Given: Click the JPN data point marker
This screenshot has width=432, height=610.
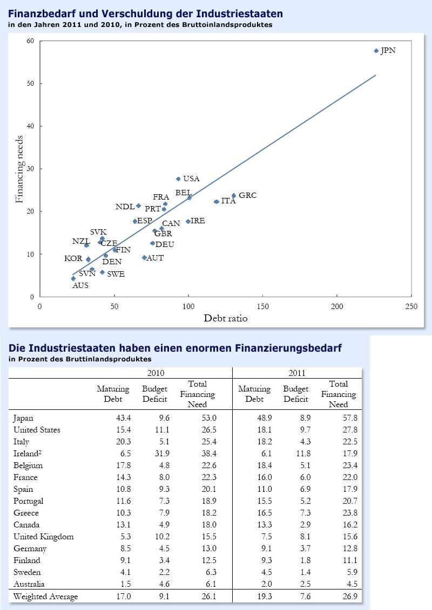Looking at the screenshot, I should (x=376, y=51).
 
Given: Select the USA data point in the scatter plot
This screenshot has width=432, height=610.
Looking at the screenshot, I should (x=178, y=179).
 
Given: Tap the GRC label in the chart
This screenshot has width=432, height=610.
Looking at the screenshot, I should (x=247, y=195).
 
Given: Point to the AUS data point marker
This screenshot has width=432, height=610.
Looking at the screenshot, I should (x=73, y=278).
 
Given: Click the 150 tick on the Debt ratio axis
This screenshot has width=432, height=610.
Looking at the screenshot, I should (x=262, y=306).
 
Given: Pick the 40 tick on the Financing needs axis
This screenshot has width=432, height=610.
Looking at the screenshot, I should (x=31, y=126).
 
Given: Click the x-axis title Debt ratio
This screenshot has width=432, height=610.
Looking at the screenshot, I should (x=226, y=318).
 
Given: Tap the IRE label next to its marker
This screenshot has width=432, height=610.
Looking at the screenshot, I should (x=198, y=221).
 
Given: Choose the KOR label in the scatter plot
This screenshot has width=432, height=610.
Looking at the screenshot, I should (x=73, y=259).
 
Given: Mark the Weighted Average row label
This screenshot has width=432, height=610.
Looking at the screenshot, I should (x=45, y=597).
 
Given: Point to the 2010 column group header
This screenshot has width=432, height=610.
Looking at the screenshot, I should (x=156, y=373).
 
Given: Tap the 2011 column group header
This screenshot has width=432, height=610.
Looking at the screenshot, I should (x=297, y=373).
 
